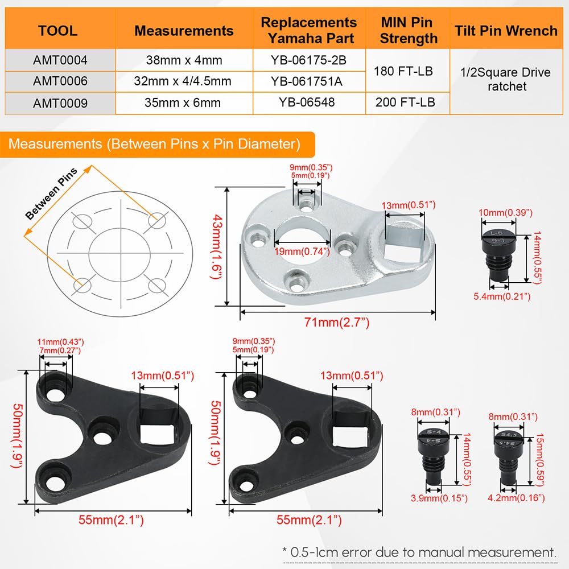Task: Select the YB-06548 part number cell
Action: [308, 102]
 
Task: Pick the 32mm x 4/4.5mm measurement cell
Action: [183, 81]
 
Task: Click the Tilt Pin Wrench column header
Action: [506, 31]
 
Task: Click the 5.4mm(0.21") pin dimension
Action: [502, 296]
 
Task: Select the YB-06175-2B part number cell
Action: [308, 59]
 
